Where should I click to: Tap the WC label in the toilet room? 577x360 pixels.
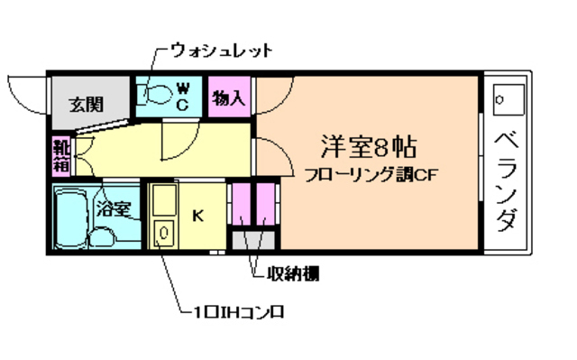coord(181,95)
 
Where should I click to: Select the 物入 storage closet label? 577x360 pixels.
coord(228,96)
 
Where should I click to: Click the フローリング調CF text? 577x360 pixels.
coord(371,174)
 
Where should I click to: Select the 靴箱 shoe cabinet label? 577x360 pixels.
coord(60,155)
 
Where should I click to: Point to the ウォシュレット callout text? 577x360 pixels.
coord(222,50)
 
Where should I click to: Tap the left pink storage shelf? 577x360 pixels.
coord(243,206)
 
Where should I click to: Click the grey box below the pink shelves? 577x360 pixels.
coord(255,242)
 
